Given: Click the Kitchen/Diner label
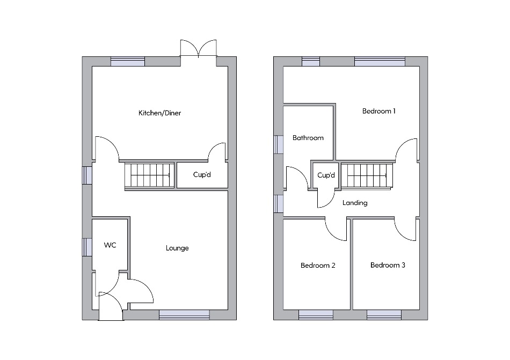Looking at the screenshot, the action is pyautogui.click(x=159, y=113).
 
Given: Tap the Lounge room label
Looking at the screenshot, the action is pyautogui.click(x=177, y=248).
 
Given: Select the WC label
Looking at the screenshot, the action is pyautogui.click(x=110, y=245).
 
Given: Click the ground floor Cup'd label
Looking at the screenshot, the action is pyautogui.click(x=202, y=174).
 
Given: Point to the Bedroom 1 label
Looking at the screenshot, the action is pyautogui.click(x=379, y=111).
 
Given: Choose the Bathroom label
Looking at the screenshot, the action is pyautogui.click(x=308, y=138).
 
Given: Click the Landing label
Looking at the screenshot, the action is pyautogui.click(x=355, y=203).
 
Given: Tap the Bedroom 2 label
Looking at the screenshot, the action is pyautogui.click(x=318, y=266).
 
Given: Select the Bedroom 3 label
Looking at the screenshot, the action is pyautogui.click(x=388, y=265).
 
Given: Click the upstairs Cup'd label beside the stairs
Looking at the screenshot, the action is pyautogui.click(x=326, y=175).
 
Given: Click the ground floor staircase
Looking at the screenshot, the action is pyautogui.click(x=150, y=175).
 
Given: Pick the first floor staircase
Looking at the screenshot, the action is pyautogui.click(x=367, y=176).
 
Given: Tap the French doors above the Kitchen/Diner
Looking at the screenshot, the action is pyautogui.click(x=199, y=49).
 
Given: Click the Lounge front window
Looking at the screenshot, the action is pyautogui.click(x=185, y=315).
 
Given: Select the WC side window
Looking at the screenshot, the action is pyautogui.click(x=87, y=247).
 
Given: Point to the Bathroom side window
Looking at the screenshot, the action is pyautogui.click(x=279, y=144).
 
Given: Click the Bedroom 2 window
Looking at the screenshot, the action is pyautogui.click(x=316, y=315).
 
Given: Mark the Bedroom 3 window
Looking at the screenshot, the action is pyautogui.click(x=384, y=315).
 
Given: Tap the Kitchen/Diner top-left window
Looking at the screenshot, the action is pyautogui.click(x=128, y=61).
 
